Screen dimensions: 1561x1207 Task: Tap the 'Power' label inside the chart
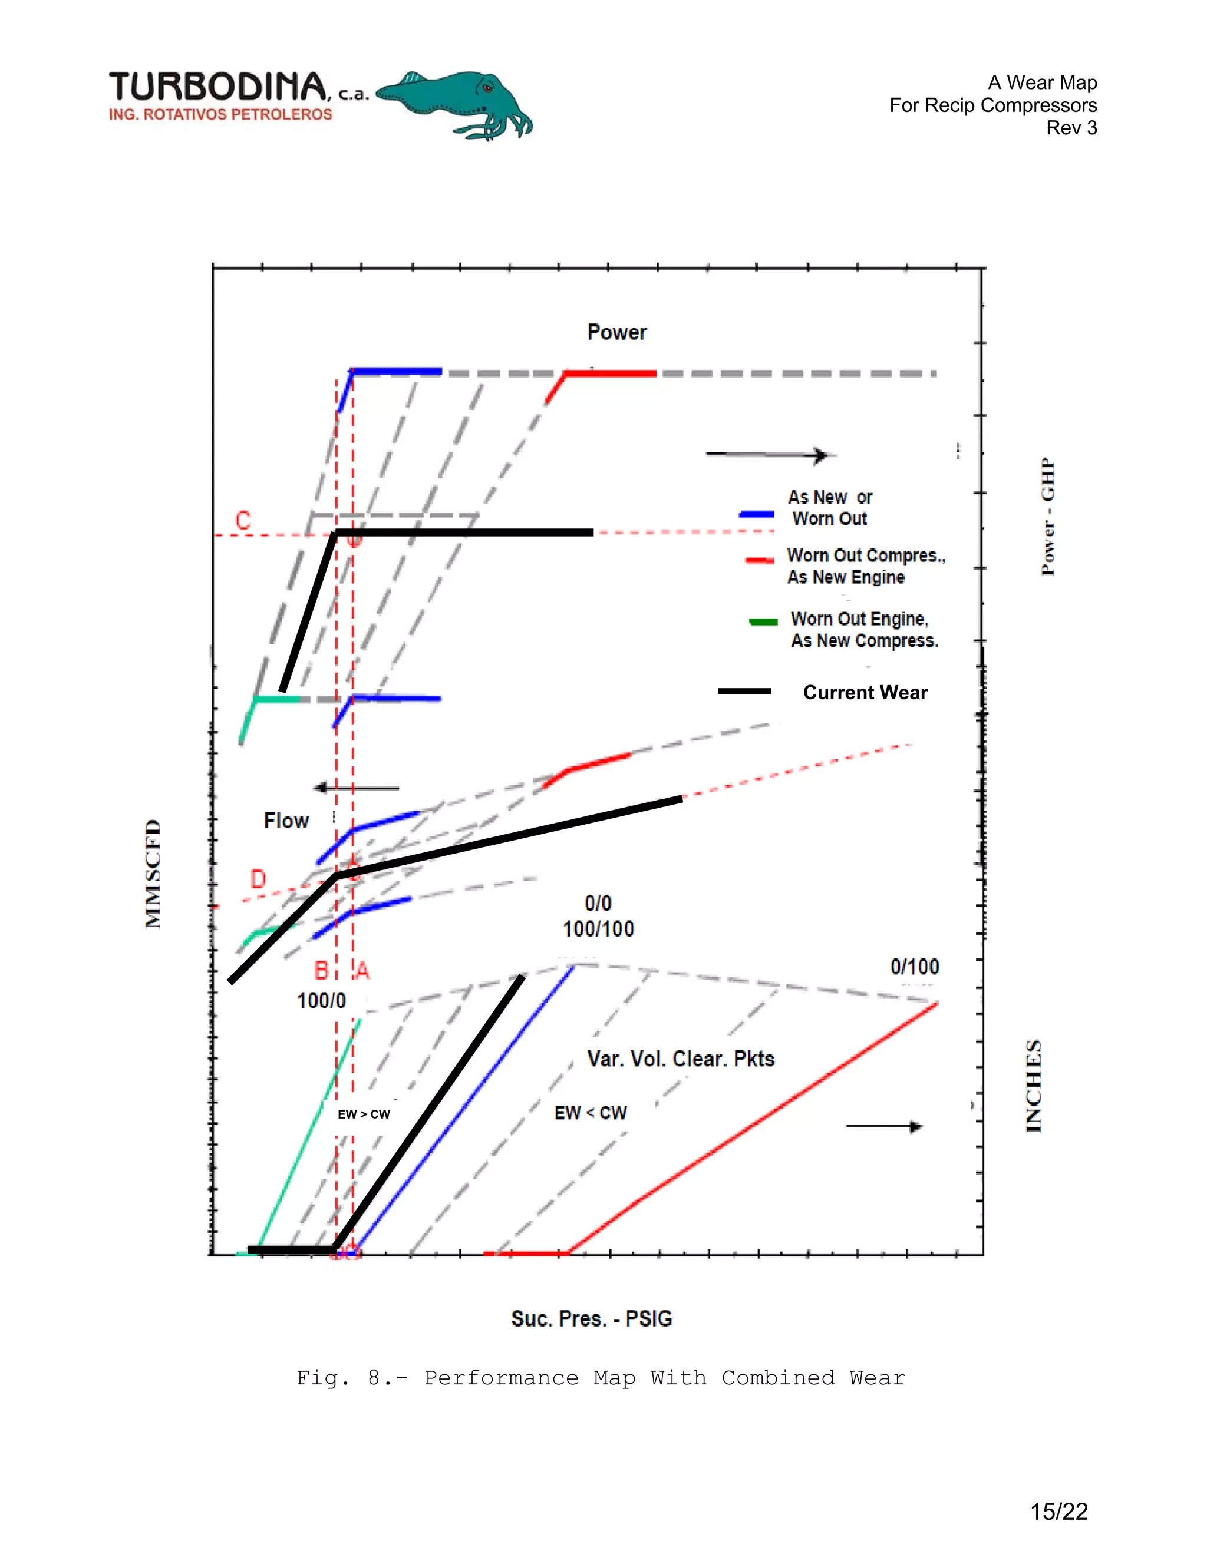pyautogui.click(x=616, y=332)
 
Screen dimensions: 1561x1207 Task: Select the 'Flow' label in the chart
pyautogui.click(x=286, y=821)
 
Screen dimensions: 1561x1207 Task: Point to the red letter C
pyautogui.click(x=243, y=520)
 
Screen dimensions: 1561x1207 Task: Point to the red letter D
pyautogui.click(x=258, y=878)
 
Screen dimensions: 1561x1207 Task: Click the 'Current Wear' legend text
pyautogui.click(x=865, y=693)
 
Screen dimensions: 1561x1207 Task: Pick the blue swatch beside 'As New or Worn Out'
pyautogui.click(x=757, y=514)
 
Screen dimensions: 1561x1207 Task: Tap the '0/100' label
pyautogui.click(x=915, y=967)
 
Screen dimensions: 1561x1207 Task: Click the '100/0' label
pyautogui.click(x=321, y=1001)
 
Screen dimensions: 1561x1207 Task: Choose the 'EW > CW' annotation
pyautogui.click(x=364, y=1114)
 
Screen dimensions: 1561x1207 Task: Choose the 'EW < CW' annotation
pyautogui.click(x=591, y=1113)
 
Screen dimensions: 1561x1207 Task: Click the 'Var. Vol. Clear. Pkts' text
pyautogui.click(x=681, y=1059)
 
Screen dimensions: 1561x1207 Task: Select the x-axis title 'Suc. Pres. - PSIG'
pyautogui.click(x=591, y=1319)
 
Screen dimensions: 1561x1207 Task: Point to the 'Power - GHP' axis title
pyautogui.click(x=1047, y=516)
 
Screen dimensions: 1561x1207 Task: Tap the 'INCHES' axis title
pyautogui.click(x=1034, y=1086)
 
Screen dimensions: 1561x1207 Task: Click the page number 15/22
pyautogui.click(x=1058, y=1512)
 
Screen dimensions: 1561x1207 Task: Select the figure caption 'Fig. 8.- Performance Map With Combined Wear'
pyautogui.click(x=601, y=1378)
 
